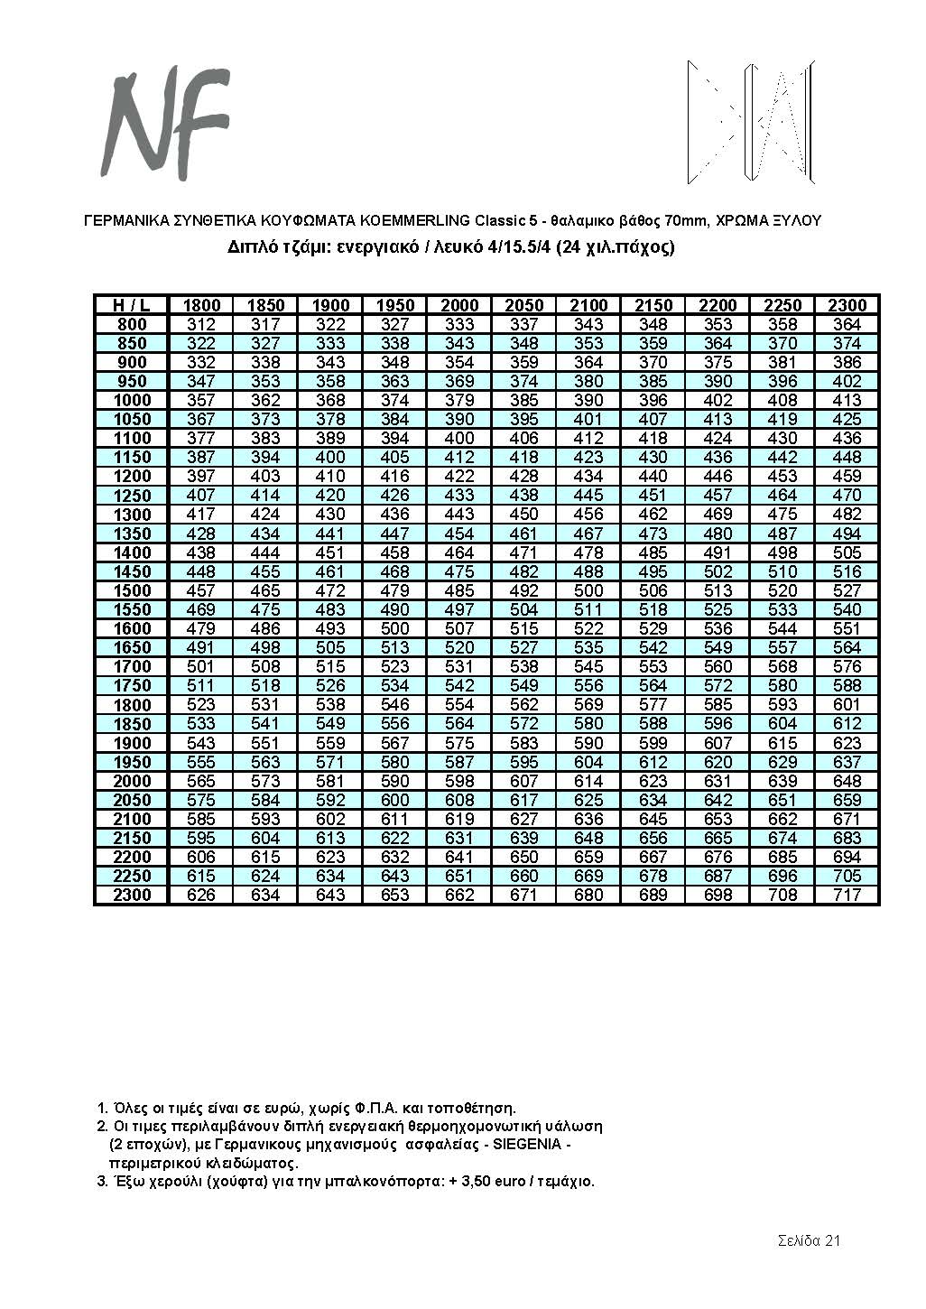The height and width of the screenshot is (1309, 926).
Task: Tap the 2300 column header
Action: coord(847,305)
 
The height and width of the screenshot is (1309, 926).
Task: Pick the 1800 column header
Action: coord(201,305)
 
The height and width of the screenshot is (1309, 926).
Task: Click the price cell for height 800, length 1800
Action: coord(201,324)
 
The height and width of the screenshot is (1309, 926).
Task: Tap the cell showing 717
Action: coord(847,895)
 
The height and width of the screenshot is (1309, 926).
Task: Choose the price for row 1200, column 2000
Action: coord(459,476)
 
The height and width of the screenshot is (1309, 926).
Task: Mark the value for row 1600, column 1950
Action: coord(394,628)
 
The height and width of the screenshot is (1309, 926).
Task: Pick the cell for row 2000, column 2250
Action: coord(782,781)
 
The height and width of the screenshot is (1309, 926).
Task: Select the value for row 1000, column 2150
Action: coord(653,400)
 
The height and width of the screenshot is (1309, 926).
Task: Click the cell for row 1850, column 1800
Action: coord(201,724)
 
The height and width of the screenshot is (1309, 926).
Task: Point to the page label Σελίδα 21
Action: coord(809,1239)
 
